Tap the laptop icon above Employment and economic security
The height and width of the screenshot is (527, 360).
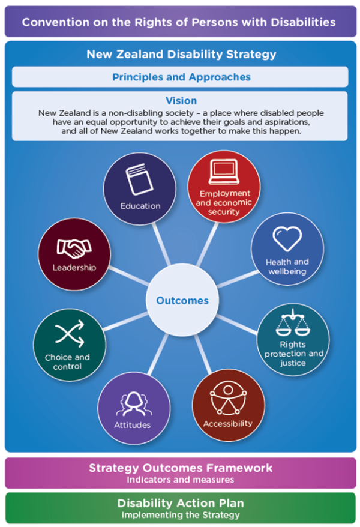[224, 174]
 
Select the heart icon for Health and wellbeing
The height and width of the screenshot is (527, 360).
[287, 239]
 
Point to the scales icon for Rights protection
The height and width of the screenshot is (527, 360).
[293, 324]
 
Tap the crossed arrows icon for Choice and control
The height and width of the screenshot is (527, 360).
[69, 334]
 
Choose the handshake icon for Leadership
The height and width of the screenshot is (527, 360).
[73, 247]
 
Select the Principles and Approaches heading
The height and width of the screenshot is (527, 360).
[181, 77]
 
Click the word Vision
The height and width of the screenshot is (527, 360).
[181, 101]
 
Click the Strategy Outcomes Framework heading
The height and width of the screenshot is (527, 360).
[181, 468]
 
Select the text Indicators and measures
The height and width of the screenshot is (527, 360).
[181, 480]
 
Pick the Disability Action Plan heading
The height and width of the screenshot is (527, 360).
[181, 503]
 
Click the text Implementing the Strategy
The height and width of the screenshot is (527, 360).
[181, 514]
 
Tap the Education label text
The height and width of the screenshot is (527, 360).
[140, 206]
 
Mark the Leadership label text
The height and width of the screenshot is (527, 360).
[74, 267]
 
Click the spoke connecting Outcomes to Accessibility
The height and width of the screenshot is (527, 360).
[202, 355]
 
